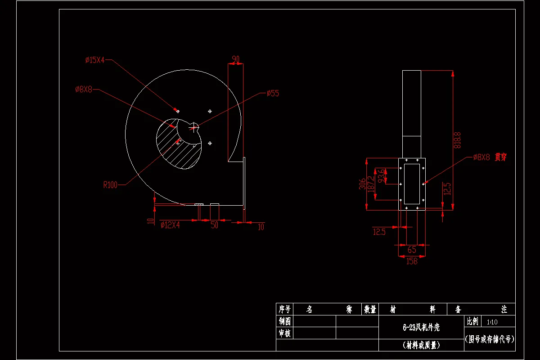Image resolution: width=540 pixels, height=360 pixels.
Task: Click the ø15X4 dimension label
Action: coord(95,60)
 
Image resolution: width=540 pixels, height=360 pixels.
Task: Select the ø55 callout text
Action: coord(273,94)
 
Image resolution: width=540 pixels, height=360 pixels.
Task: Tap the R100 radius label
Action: coord(110,184)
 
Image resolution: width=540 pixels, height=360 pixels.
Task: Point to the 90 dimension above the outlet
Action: coord(235,59)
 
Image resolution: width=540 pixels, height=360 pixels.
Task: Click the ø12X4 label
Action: coord(170,225)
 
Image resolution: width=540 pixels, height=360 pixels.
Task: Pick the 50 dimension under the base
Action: coord(214,225)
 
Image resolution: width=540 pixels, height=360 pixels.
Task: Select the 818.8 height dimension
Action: coord(458,140)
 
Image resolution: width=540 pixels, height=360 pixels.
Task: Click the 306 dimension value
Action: coord(362,184)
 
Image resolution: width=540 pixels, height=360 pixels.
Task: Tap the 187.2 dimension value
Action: coord(372,184)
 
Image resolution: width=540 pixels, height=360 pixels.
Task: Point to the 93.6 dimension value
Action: coord(382,176)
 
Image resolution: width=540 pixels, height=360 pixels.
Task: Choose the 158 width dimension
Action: coord(411,261)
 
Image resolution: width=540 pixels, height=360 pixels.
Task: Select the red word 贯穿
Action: coord(500,157)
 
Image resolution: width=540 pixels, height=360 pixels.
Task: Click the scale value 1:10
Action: coord(492,322)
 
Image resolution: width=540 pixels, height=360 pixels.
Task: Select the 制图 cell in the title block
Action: coord(284,321)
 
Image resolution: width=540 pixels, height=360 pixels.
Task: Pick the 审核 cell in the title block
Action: coord(284,333)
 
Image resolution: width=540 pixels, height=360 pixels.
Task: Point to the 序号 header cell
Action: coord(284,309)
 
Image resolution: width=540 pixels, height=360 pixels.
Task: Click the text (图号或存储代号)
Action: coord(489,339)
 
